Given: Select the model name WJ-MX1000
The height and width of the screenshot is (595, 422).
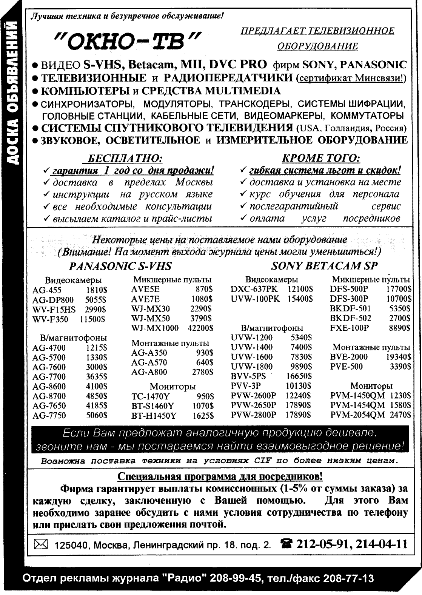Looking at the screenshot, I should pos(155,328).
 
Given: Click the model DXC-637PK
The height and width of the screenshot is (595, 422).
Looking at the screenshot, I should pos(254,289).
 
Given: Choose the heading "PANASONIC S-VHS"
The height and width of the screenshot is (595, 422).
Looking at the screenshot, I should pos(120,266).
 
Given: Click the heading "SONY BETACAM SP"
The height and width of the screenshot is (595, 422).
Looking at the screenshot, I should pos(324,266).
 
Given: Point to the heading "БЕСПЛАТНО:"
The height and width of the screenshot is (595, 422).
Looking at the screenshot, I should pos(125,158).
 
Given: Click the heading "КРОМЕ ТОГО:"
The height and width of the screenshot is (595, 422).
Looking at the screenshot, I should pos(321,158).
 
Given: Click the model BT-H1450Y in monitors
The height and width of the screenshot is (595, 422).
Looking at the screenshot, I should pos(154,416).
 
